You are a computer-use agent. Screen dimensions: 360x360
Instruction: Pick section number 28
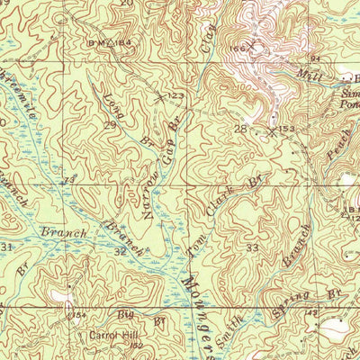click(240, 130)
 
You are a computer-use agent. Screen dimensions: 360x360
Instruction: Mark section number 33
click(252, 247)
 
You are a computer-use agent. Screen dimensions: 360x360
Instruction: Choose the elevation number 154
click(78, 314)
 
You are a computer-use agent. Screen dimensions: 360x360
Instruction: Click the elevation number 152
click(138, 345)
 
